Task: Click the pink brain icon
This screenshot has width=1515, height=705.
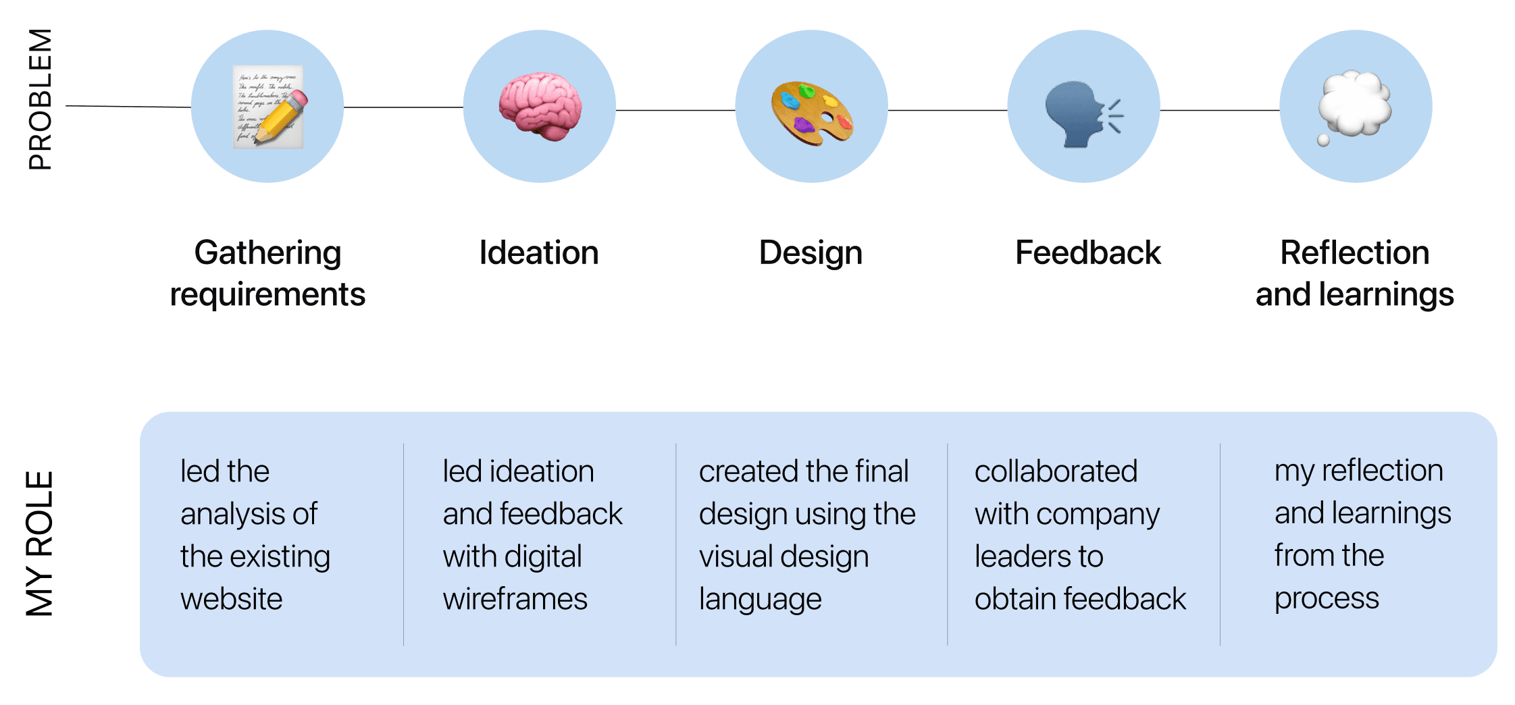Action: [x=540, y=106]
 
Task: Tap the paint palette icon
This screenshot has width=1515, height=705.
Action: [x=812, y=112]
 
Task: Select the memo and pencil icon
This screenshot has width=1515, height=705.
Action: [x=268, y=107]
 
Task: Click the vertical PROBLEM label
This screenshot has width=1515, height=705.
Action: [x=40, y=99]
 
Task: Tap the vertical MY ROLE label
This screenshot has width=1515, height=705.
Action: [x=39, y=544]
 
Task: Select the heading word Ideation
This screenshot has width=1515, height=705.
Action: [x=538, y=253]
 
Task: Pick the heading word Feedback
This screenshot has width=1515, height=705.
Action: [x=1087, y=253]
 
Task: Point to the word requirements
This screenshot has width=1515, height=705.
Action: [x=267, y=295]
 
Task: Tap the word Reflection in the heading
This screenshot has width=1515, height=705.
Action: [x=1354, y=253]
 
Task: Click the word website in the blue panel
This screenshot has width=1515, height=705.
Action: [x=231, y=600]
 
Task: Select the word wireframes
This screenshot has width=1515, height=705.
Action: [x=515, y=600]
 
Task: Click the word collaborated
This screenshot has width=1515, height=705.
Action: [x=1056, y=471]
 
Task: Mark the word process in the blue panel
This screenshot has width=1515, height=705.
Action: [x=1326, y=599]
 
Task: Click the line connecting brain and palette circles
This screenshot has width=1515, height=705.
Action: [x=675, y=110]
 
